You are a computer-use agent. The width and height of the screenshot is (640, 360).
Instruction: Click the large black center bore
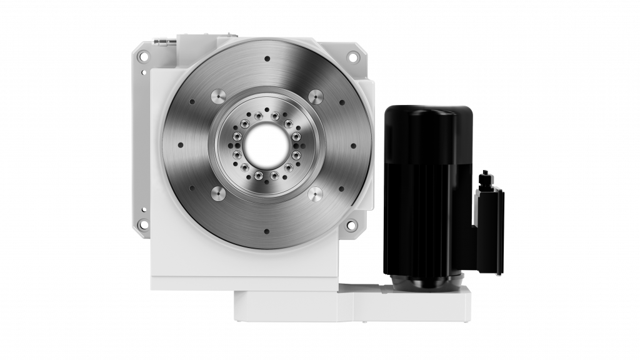pyautogui.click(x=267, y=145)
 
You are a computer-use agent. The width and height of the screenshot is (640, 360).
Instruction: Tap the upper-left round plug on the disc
pyautogui.click(x=218, y=96)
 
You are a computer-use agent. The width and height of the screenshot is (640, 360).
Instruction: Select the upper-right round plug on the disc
pyautogui.click(x=316, y=96)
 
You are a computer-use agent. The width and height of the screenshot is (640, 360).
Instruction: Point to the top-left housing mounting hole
pyautogui.click(x=143, y=56)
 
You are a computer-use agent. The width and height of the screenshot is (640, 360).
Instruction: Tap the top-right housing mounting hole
pyautogui.click(x=353, y=57)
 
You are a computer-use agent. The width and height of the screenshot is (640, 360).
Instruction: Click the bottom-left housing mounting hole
pyautogui.click(x=143, y=224)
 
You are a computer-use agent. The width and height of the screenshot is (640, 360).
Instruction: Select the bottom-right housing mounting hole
pyautogui.click(x=352, y=224)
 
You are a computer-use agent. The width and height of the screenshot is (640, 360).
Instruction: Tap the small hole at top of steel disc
pyautogui.click(x=267, y=59)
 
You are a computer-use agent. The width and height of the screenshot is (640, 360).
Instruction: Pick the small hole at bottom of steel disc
pyautogui.click(x=267, y=231)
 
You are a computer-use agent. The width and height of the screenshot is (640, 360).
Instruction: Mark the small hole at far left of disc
pyautogui.click(x=181, y=145)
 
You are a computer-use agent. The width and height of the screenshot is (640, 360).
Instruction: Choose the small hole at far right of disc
pyautogui.click(x=353, y=146)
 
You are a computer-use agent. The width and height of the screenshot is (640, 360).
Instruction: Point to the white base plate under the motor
pyautogui.click(x=406, y=305)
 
